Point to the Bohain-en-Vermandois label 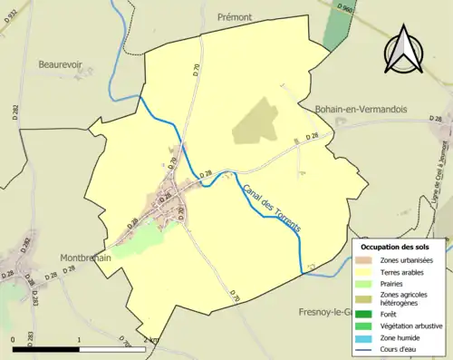pos(360,109)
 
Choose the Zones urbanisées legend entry pos(406,260)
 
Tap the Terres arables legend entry pos(400,271)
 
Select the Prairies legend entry pos(393,282)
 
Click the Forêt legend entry pos(390,314)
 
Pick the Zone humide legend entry pos(400,336)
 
